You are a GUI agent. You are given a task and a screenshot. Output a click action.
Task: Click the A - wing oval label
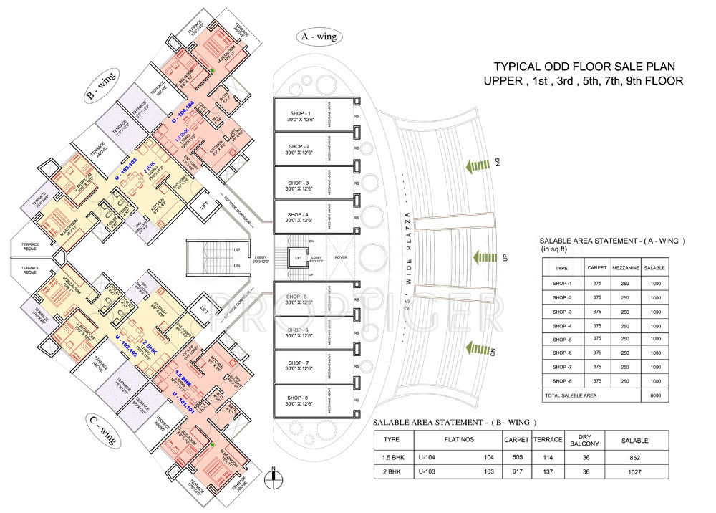point(319,37)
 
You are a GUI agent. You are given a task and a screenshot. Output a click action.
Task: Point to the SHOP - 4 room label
point(299,216)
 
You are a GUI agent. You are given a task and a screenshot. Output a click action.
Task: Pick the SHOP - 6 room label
point(299,333)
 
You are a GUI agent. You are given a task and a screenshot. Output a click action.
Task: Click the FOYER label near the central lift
point(340,256)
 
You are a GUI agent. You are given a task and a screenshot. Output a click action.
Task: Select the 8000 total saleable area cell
point(654,395)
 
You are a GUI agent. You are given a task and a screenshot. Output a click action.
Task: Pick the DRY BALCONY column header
point(578,440)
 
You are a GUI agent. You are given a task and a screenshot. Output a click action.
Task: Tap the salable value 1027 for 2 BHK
point(632,472)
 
